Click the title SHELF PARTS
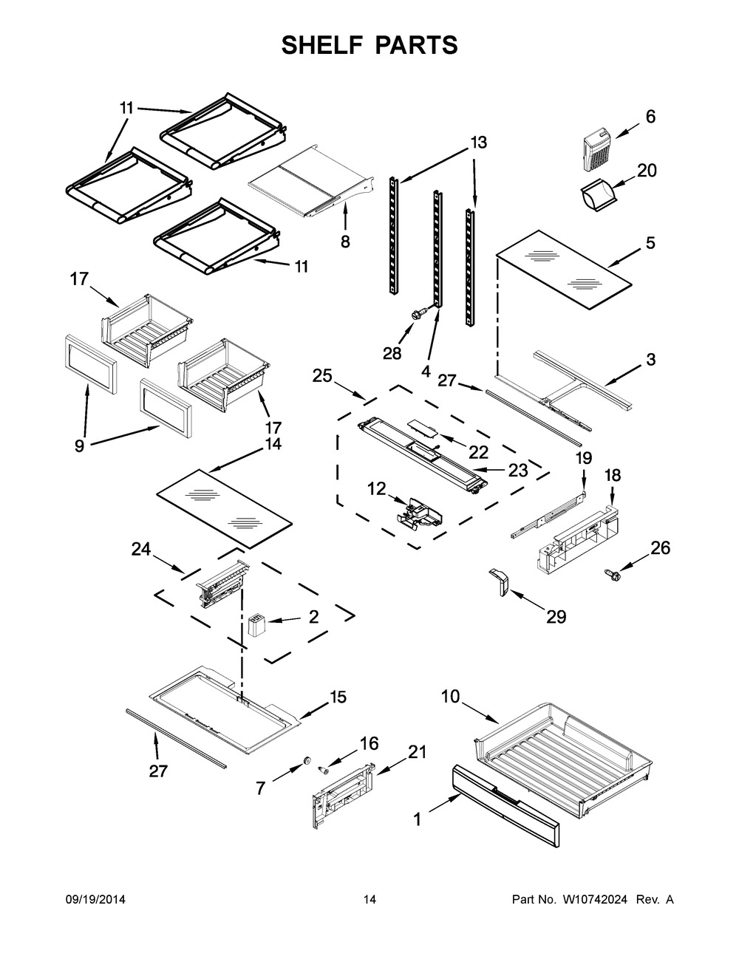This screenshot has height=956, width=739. (369, 45)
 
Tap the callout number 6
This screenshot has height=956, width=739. (650, 116)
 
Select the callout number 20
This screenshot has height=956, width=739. (647, 171)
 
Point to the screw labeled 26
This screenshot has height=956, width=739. (611, 573)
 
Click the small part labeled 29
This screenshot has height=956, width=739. (499, 579)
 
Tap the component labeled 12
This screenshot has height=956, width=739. (416, 512)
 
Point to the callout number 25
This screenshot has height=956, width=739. (321, 376)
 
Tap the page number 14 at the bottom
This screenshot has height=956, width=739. (369, 899)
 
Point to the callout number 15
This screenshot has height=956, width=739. (337, 696)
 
